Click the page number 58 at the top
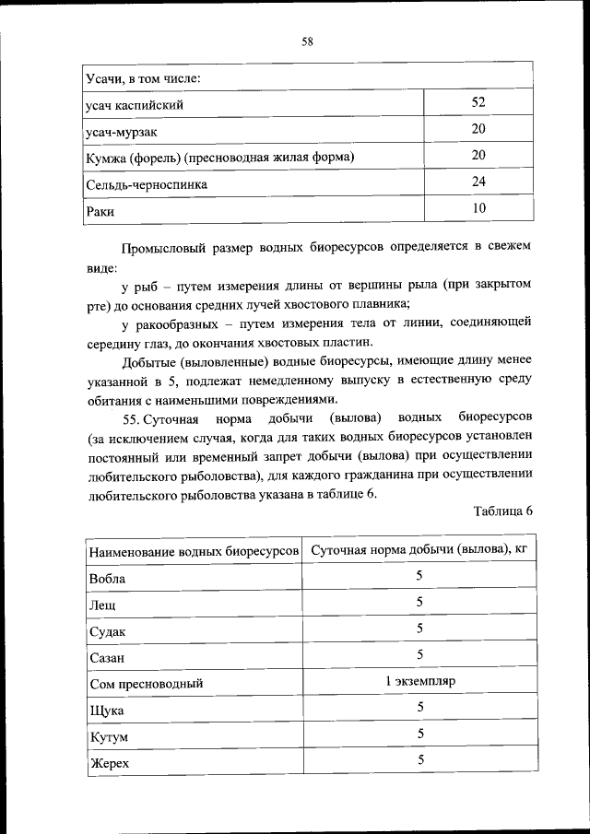(307, 41)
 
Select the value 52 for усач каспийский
(478, 102)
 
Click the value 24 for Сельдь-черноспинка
(478, 182)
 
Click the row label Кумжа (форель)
(219, 158)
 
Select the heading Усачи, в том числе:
(143, 77)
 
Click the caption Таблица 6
(502, 511)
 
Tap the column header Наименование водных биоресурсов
(194, 551)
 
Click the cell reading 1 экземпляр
(419, 681)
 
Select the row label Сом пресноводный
(145, 685)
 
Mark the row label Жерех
(109, 764)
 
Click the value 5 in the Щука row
(419, 707)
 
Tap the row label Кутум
(108, 738)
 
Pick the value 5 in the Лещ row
(419, 602)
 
